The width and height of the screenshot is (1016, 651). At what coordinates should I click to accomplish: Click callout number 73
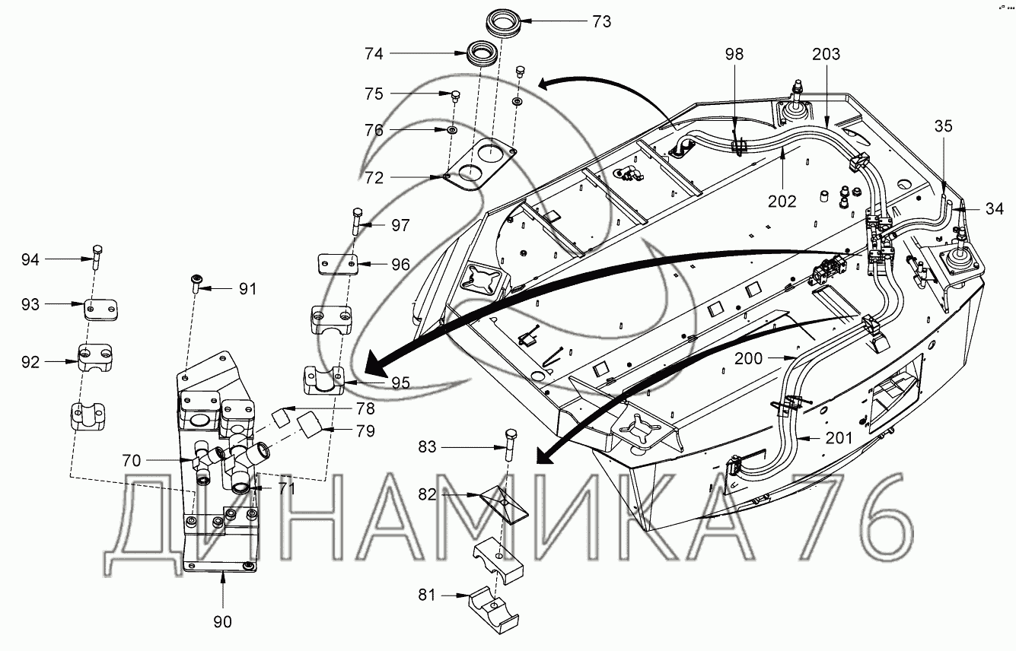pos(601,21)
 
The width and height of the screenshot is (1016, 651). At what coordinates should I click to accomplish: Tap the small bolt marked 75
pos(455,96)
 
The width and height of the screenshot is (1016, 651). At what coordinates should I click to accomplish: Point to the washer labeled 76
pos(452,130)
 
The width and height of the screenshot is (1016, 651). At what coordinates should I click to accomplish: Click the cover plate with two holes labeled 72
pos(480,164)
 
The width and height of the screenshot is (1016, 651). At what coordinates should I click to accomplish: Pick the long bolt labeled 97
pos(358,221)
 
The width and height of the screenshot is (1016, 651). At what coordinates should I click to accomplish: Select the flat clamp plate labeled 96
pos(337,265)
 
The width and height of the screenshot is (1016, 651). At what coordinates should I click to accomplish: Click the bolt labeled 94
pos(97,257)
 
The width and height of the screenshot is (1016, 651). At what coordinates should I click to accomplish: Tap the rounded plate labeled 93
pos(101,310)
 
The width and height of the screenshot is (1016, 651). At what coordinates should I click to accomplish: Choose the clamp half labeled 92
pos(95,358)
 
